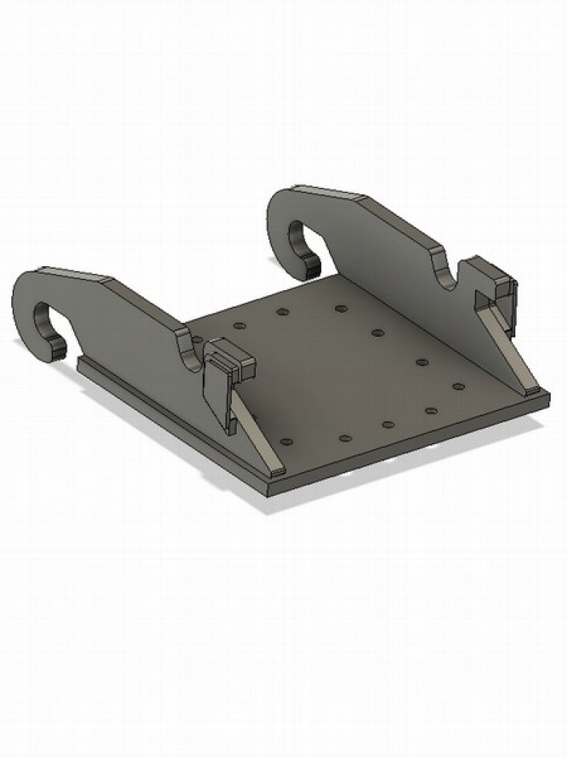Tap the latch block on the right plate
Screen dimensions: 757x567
pyautogui.click(x=493, y=276)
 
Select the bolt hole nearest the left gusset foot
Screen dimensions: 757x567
pyautogui.click(x=287, y=441)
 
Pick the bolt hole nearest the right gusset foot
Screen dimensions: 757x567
pyautogui.click(x=458, y=387)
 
